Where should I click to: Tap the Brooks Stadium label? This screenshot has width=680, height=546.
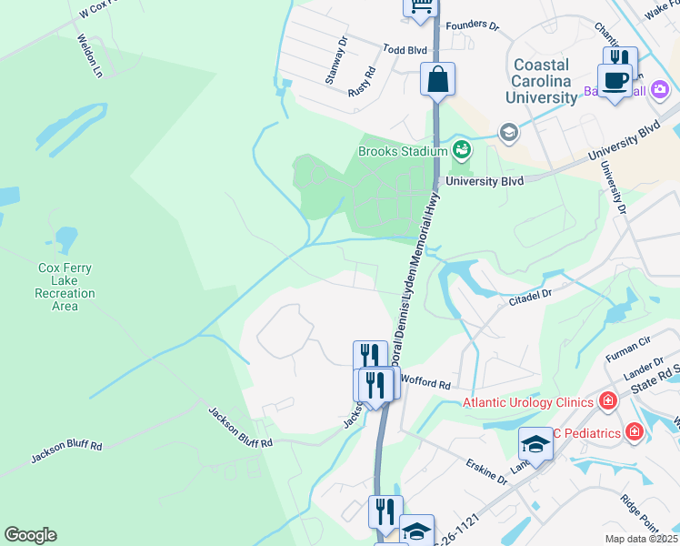[x=403, y=151]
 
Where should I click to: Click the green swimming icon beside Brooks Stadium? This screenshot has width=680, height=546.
[x=461, y=149]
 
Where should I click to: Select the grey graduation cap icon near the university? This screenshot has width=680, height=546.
[x=508, y=133]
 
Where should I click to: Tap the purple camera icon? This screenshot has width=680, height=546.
[x=660, y=90]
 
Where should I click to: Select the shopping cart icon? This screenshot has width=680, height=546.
[x=421, y=6]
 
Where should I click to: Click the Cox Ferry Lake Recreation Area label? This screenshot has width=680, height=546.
[x=65, y=287]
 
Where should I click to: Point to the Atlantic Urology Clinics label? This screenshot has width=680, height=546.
[x=528, y=402]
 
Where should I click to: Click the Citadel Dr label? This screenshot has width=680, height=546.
[x=531, y=297]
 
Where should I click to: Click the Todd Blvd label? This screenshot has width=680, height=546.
[x=405, y=50]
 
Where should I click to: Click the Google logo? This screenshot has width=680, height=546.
[x=30, y=535]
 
